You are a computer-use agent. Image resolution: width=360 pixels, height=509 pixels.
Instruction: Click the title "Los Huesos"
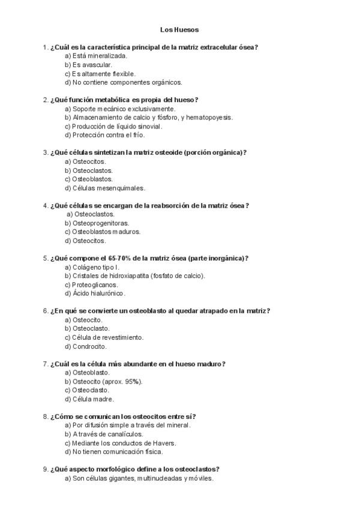point(179,29)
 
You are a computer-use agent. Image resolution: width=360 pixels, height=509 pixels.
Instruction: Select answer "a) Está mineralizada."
point(95,55)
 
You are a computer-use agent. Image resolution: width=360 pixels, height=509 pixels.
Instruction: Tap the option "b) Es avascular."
point(88,64)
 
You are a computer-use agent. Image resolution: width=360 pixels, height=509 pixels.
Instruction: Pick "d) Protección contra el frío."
point(104,135)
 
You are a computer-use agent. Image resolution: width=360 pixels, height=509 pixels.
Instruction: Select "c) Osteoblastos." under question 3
point(88,179)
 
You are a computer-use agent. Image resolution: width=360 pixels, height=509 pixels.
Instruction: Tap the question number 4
point(46,205)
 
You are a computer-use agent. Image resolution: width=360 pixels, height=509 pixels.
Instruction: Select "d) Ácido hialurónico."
point(95,294)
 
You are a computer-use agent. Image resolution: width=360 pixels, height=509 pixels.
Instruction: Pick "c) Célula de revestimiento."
point(104,337)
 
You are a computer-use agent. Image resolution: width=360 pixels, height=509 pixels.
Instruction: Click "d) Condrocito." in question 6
point(86,346)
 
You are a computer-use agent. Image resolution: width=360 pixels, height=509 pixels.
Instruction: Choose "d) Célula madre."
point(89,399)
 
